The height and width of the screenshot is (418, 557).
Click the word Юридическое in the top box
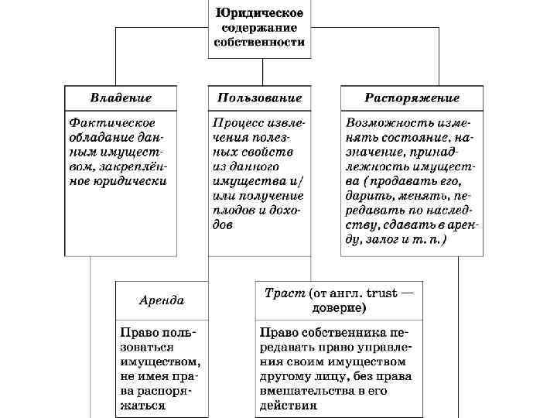(259, 13)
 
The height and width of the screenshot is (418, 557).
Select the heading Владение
(121, 98)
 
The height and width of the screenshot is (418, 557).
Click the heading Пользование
(259, 98)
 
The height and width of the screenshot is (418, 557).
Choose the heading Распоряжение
(412, 98)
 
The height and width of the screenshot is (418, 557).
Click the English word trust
(381, 294)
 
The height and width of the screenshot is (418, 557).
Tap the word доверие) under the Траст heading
(339, 307)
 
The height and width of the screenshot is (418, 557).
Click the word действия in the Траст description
(289, 405)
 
